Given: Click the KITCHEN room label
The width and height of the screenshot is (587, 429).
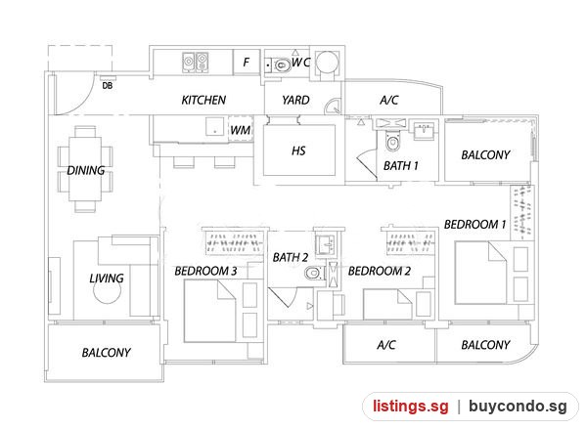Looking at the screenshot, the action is click(x=203, y=100).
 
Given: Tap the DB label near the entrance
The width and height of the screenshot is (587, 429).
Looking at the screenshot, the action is click(x=108, y=86).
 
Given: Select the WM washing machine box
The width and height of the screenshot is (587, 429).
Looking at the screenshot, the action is click(x=241, y=129).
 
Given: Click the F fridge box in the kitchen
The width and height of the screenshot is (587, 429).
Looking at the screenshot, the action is click(x=247, y=62).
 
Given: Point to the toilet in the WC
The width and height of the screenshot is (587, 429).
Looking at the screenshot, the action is click(x=281, y=65).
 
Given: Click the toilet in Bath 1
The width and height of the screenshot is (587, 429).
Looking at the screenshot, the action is click(x=392, y=141).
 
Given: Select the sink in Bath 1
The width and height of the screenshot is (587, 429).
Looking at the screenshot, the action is click(x=424, y=130).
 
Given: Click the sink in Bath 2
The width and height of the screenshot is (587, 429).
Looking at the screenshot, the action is click(x=326, y=245).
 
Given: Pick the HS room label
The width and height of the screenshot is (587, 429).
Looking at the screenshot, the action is click(x=298, y=150).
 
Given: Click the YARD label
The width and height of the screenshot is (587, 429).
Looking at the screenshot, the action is click(x=295, y=100).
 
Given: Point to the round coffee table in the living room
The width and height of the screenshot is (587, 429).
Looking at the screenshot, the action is click(x=107, y=289).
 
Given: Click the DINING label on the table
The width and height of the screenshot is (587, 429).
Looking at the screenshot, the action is click(x=86, y=170).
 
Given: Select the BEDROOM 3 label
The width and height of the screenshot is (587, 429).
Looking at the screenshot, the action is click(x=205, y=271).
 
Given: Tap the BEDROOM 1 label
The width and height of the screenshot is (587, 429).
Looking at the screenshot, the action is click(x=474, y=224).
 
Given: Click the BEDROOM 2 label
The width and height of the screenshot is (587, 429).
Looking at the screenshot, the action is click(x=380, y=271).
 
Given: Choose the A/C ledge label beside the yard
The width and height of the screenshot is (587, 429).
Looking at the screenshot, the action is click(x=389, y=100).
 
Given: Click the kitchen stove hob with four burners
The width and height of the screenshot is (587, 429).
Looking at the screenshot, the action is click(x=196, y=63).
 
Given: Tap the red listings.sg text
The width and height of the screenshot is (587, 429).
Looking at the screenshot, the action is click(x=410, y=407).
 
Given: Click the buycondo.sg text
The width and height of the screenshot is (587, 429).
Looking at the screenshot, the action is click(x=518, y=407).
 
